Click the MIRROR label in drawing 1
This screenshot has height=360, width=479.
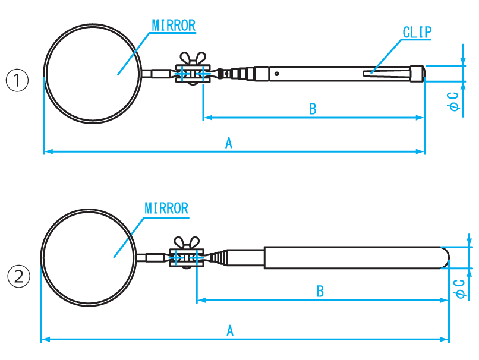pos(174,26)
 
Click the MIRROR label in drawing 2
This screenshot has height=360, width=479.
pos(166,209)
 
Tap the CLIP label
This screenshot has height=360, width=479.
pos(417,33)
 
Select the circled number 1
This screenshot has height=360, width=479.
pos(17,80)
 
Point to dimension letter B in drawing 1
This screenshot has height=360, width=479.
pos(313,109)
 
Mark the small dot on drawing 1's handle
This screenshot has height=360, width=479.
pos(276,74)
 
